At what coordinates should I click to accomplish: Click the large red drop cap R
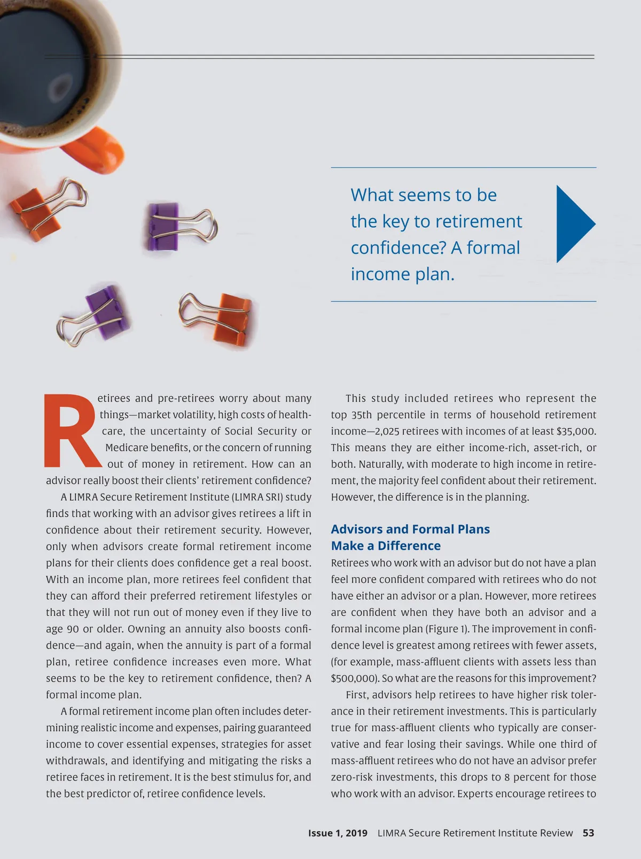point(71,431)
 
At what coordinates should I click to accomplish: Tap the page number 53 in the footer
point(588,833)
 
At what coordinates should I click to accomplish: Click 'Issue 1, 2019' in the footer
point(338,833)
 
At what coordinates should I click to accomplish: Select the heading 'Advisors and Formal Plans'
point(410,529)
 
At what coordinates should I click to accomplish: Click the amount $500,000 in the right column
point(354,678)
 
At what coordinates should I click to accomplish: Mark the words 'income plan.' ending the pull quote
point(402,274)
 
